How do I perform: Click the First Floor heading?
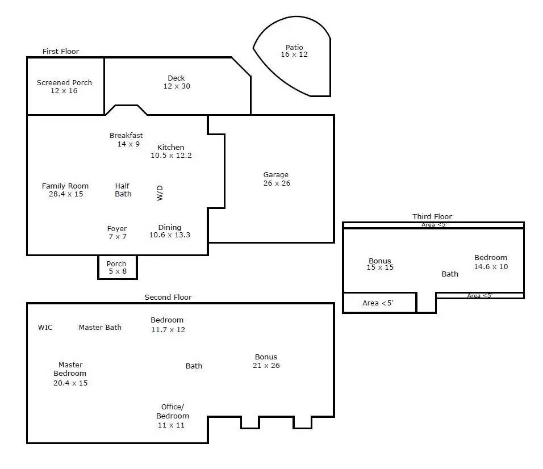point(61,51)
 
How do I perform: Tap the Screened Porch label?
point(64,83)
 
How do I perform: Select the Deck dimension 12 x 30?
point(177,86)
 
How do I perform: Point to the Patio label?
point(294,47)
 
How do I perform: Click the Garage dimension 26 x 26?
point(277,183)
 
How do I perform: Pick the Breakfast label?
point(126,135)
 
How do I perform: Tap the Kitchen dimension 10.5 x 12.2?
point(171,156)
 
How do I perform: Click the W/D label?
point(160,193)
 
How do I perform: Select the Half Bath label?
point(123,190)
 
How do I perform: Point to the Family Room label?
point(65,186)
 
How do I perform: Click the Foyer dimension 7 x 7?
point(118,237)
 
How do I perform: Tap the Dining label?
point(170,228)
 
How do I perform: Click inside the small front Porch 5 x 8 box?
point(118,267)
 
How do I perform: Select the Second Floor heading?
point(168,297)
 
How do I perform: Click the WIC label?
point(45,328)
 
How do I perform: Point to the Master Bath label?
point(100,328)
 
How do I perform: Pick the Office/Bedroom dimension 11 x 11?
point(171,425)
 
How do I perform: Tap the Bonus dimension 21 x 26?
point(266,366)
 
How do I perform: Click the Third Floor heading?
point(432,216)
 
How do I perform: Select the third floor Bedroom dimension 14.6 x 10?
point(491,266)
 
